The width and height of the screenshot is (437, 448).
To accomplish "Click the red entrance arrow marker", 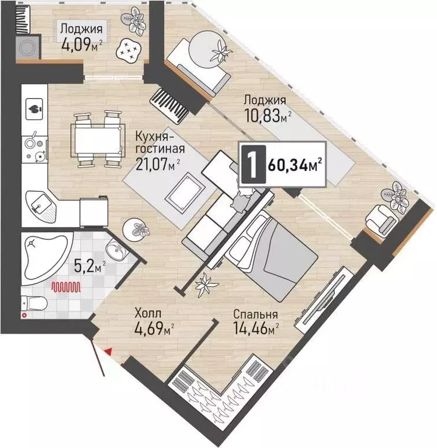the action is click(108, 352).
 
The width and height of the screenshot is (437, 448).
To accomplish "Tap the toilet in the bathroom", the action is click(34, 303).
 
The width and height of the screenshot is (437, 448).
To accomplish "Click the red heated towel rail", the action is click(66, 287).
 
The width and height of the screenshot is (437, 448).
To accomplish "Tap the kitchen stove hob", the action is click(35, 146).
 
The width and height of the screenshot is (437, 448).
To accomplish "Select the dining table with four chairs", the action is click(98, 139).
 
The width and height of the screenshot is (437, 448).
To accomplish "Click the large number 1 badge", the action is click(254, 164).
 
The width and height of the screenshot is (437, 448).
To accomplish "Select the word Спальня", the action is click(255, 314).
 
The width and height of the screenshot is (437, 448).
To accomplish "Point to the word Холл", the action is click(148, 313).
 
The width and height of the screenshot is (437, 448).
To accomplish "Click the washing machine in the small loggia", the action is click(28, 47).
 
